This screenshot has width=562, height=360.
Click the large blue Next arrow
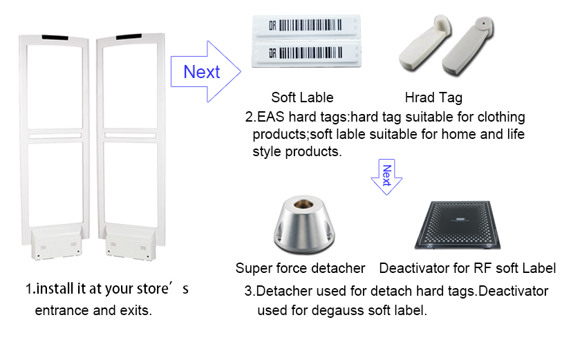205,72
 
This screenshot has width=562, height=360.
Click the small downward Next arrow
386,177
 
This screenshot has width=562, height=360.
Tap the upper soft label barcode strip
306,26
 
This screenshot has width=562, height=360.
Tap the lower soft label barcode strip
306,54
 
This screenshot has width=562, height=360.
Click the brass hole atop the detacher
303,204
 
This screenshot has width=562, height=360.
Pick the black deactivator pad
458,225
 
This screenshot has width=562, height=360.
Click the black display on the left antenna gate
55,37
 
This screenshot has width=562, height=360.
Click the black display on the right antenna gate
129,37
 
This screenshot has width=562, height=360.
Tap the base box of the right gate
131,244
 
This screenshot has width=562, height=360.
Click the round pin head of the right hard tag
483,24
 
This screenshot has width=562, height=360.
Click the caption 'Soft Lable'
302,97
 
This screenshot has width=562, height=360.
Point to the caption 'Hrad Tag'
433,97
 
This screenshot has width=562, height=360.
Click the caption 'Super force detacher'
300,268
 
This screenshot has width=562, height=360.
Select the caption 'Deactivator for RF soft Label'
467,268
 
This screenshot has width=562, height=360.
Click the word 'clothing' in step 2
501,117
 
